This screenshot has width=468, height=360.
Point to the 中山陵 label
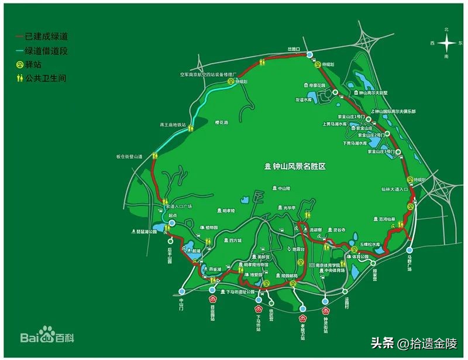[x=284, y=188]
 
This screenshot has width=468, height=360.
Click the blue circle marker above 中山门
[x=181, y=291]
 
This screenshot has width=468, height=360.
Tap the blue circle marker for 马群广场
[x=409, y=251]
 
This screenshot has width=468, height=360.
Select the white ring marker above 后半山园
[x=170, y=241]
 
